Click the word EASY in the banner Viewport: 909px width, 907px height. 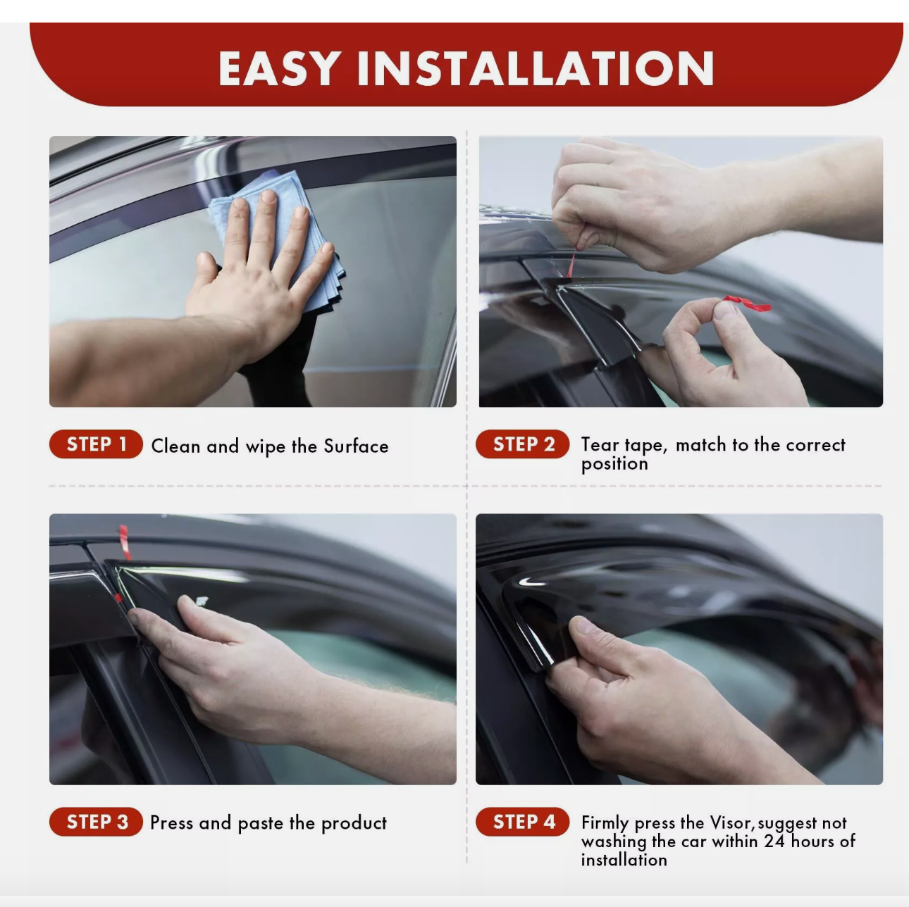point(280,69)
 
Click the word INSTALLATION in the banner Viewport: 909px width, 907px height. point(536,69)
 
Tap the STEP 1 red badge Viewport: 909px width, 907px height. point(96,444)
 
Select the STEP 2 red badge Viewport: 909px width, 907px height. point(523,444)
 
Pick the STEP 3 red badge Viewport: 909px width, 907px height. point(97,822)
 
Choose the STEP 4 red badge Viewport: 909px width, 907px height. point(523,822)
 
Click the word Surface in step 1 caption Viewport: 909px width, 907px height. point(356,446)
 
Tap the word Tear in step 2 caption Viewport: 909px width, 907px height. point(600,445)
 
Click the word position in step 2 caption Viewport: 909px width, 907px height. point(614,464)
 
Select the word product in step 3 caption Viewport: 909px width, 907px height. point(353,823)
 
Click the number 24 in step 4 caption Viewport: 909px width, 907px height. point(774,842)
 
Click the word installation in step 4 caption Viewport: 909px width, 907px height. point(624,860)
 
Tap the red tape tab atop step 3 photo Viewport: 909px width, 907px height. point(124,541)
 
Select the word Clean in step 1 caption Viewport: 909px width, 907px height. point(175,446)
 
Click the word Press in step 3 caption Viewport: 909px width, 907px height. point(171,823)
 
